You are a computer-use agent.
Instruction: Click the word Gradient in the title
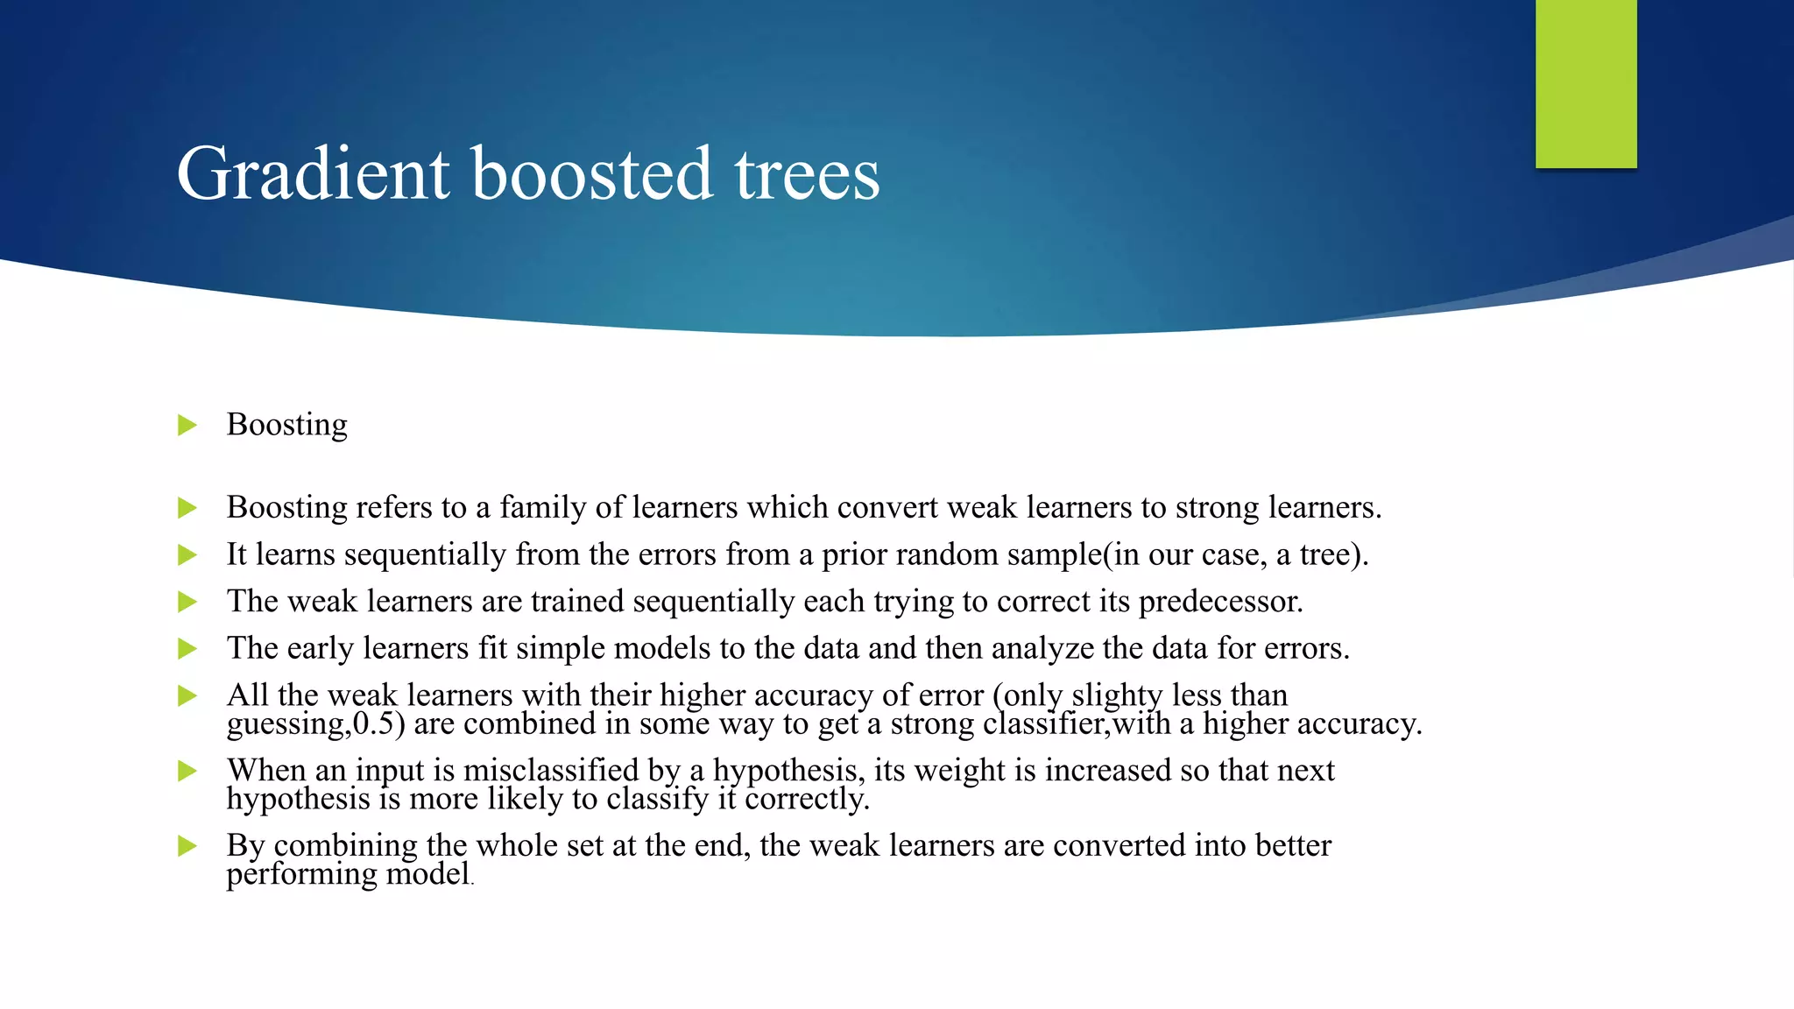[314, 174]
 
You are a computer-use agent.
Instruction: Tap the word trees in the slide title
[807, 174]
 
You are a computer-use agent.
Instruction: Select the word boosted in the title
[592, 174]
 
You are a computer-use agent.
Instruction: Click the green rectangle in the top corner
[1586, 83]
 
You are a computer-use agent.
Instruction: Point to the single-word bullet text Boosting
[286, 425]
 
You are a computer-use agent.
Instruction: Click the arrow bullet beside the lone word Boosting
[187, 426]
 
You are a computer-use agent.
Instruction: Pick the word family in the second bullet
[543, 508]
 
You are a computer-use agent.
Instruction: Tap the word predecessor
[1220, 603]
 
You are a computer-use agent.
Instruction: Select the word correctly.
[807, 800]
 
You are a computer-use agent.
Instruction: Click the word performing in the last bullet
[302, 875]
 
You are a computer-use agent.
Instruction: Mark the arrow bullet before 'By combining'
[187, 846]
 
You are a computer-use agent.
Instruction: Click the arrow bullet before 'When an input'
[187, 772]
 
